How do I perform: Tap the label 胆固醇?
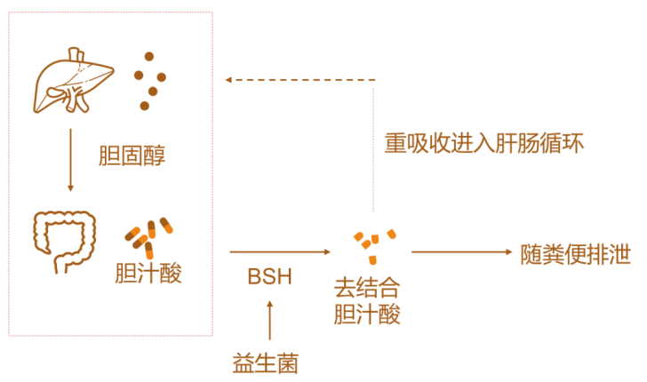click(132, 157)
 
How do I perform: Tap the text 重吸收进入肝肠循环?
click(483, 143)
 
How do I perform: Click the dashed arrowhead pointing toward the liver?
click(229, 80)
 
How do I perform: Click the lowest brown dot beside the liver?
click(144, 106)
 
